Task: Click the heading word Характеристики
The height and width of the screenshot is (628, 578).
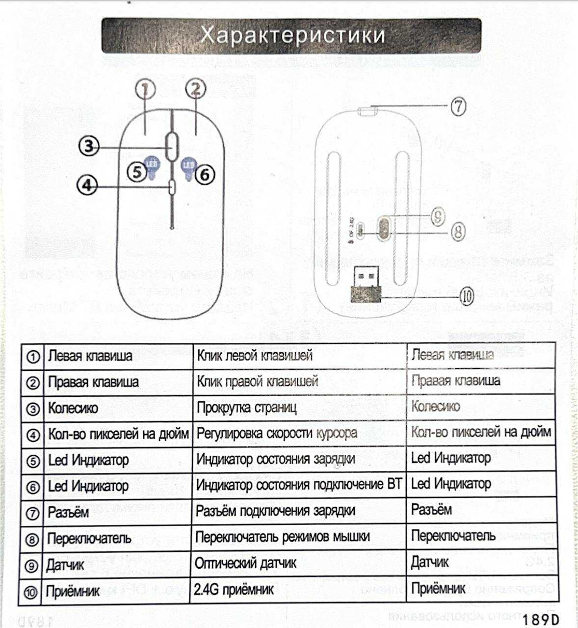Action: click(x=292, y=35)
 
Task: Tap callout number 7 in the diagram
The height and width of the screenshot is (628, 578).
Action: click(x=458, y=106)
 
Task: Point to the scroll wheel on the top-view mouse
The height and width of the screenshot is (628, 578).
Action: click(x=172, y=145)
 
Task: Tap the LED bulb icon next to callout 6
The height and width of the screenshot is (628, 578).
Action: click(x=188, y=167)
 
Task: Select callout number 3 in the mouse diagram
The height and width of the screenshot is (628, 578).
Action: click(x=89, y=146)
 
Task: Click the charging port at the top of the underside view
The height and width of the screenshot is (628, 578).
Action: click(x=367, y=111)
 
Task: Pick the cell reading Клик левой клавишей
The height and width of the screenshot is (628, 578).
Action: click(x=255, y=355)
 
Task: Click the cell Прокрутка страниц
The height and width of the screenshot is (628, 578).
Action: click(x=246, y=408)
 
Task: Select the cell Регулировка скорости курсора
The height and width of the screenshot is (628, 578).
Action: click(x=277, y=434)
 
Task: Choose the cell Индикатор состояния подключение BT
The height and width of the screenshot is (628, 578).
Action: click(x=298, y=485)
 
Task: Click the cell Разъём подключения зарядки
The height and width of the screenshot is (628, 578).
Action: click(x=275, y=511)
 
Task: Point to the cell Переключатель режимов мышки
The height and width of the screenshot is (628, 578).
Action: click(x=282, y=537)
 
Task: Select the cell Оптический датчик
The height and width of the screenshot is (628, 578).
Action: click(x=245, y=563)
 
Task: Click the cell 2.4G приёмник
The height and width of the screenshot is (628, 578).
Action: click(x=234, y=589)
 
